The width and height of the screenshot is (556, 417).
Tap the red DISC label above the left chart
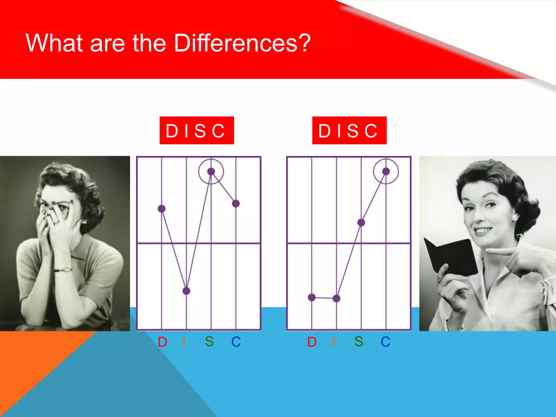[197, 130]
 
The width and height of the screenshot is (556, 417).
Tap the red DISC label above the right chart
[349, 130]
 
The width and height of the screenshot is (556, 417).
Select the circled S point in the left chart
[211, 171]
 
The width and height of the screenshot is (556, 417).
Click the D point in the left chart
[162, 209]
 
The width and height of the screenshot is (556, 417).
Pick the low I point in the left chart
[186, 291]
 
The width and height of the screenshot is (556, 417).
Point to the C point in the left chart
[236, 203]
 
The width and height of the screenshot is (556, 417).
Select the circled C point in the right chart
[386, 171]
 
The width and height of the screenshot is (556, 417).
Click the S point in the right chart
[361, 223]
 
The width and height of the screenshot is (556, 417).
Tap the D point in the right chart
[312, 298]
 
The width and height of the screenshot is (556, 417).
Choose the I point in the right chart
[336, 299]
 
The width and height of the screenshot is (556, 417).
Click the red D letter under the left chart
[162, 342]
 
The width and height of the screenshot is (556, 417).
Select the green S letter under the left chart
[209, 342]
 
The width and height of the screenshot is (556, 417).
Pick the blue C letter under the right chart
[385, 342]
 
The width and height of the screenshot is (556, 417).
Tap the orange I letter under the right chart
[333, 342]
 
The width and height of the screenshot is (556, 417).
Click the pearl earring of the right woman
[515, 217]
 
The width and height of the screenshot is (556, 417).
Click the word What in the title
[54, 43]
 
